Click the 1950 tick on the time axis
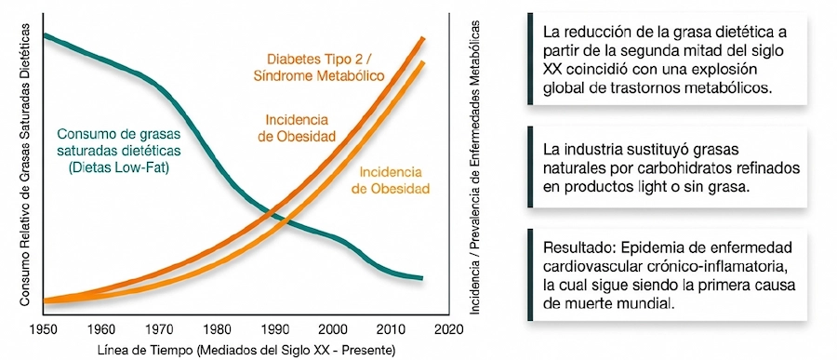tap(43, 327)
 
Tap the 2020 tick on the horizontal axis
tap(447, 327)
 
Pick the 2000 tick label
tap(331, 327)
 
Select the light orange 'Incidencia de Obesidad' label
tap(389, 180)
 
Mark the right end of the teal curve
tap(421, 278)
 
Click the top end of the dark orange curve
tap(423, 38)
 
